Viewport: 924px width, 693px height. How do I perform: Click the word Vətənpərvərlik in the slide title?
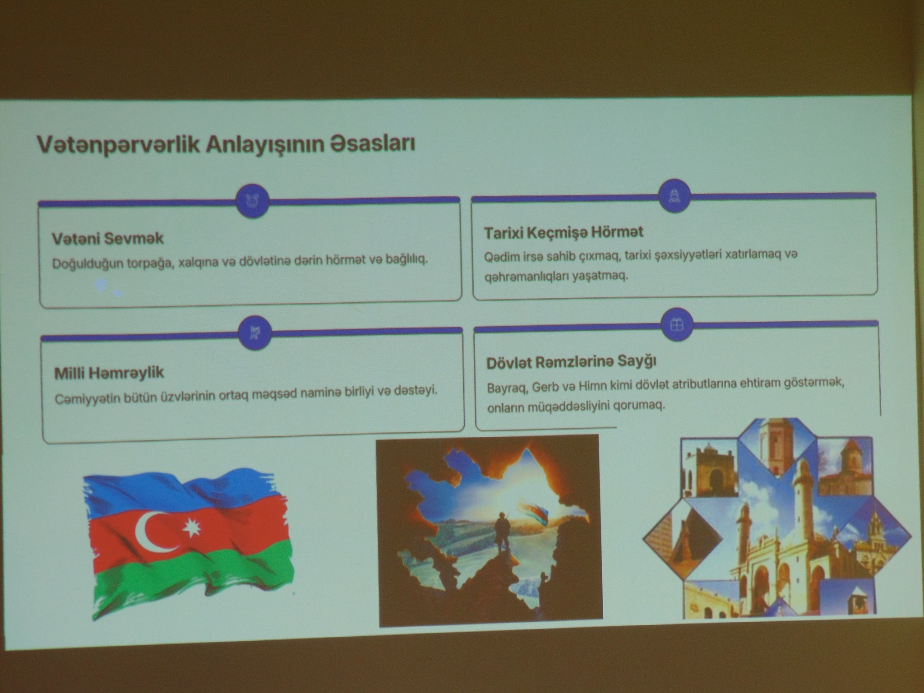[x=118, y=145]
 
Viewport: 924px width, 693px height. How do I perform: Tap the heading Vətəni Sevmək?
[x=108, y=238]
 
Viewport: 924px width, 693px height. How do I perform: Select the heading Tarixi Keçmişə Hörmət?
[x=564, y=232]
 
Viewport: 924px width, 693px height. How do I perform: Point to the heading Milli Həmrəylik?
[x=109, y=373]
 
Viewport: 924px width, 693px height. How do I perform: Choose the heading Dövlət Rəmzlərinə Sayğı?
[x=571, y=362]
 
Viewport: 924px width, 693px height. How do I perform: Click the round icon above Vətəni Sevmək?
[x=253, y=201]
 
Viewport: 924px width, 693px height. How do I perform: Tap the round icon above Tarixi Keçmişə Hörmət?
[x=675, y=196]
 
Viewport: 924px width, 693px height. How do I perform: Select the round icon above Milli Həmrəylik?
[x=255, y=333]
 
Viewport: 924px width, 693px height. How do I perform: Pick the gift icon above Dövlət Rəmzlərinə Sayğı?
[x=676, y=324]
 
